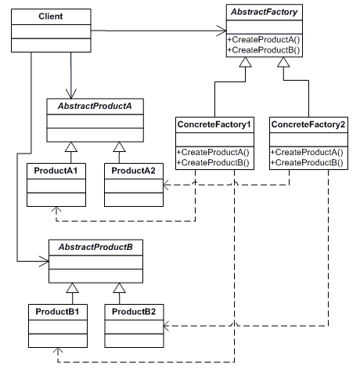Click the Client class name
51,16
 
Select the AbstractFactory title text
265,12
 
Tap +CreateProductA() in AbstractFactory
264,40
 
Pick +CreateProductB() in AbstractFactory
264,50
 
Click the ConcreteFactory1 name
214,125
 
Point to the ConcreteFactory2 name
308,125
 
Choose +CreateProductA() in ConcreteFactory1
213,152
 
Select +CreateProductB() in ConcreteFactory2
307,163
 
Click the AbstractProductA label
95,106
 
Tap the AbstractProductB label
95,247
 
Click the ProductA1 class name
56,171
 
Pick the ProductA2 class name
133,171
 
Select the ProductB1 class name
57,312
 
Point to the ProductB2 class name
134,312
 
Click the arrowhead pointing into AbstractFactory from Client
221,31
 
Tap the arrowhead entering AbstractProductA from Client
71,93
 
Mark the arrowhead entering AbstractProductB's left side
44,261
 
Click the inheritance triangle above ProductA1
71,147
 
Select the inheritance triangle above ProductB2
120,288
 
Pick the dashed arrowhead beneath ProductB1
58,351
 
